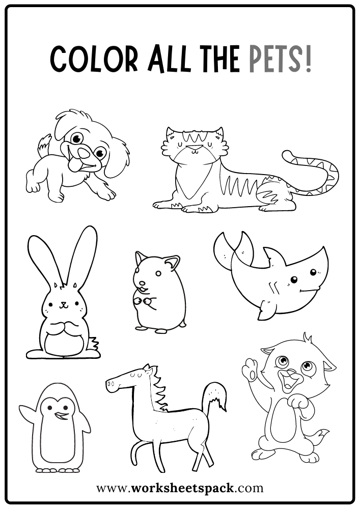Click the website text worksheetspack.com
(180, 488)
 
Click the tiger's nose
(193, 148)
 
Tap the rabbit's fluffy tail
(93, 343)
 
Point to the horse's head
(125, 382)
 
